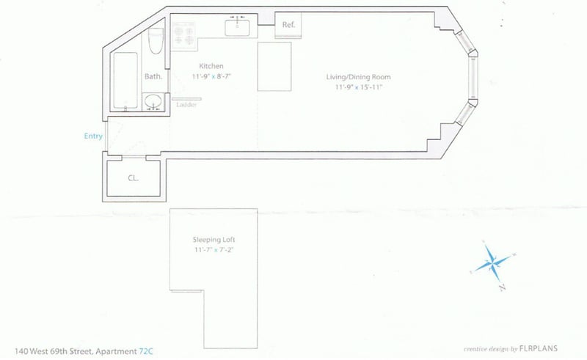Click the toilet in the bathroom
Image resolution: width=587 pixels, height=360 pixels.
pos(155,42)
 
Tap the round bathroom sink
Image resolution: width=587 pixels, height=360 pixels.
pos(153,102)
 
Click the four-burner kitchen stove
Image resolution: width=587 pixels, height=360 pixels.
pos(183,35)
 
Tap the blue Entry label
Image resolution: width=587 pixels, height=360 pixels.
pos(93,136)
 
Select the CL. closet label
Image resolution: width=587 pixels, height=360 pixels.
pos(134,177)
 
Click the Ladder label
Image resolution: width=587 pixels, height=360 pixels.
pos(186,105)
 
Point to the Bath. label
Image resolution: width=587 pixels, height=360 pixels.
pos(153,76)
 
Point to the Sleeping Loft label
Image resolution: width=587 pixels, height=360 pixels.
pos(214,240)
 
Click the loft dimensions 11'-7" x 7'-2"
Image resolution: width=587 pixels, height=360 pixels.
pos(214,250)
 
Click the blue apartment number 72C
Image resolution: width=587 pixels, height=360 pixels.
pos(147,351)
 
